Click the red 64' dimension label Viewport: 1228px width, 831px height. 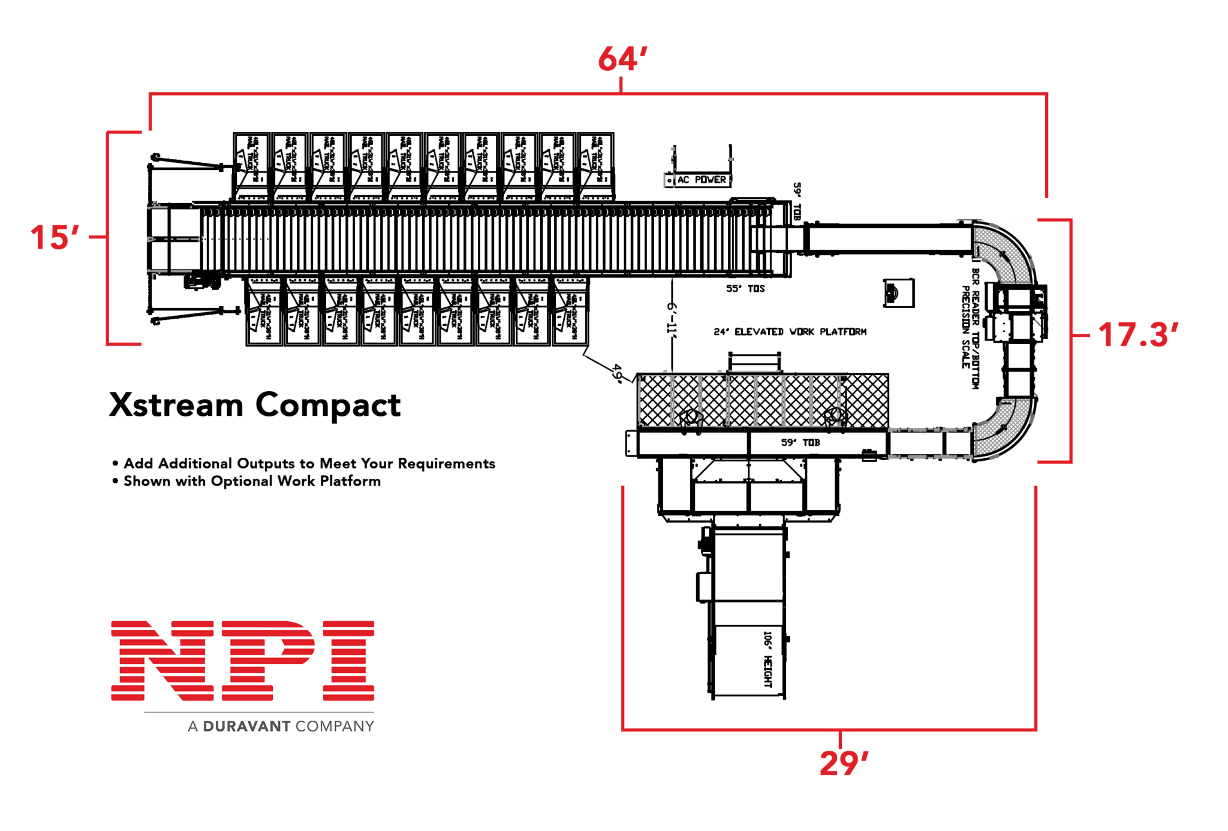click(x=622, y=59)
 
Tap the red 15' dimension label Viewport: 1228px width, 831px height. click(x=55, y=237)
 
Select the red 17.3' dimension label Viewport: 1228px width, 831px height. click(x=1137, y=335)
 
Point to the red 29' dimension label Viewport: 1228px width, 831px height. click(x=843, y=763)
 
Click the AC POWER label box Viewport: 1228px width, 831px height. click(x=699, y=180)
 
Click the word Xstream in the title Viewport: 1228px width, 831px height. click(x=176, y=405)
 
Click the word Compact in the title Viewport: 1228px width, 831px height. click(x=328, y=406)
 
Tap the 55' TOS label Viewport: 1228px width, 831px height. click(x=745, y=289)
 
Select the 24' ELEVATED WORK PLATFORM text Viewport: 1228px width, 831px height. click(x=790, y=332)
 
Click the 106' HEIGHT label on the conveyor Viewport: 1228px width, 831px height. click(x=767, y=658)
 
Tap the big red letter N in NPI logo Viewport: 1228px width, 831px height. click(x=162, y=660)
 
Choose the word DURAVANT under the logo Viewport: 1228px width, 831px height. click(x=246, y=726)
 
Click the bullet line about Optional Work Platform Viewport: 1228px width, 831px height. click(x=251, y=481)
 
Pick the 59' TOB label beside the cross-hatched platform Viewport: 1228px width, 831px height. click(x=800, y=443)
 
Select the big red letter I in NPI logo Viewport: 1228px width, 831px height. click(x=348, y=660)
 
